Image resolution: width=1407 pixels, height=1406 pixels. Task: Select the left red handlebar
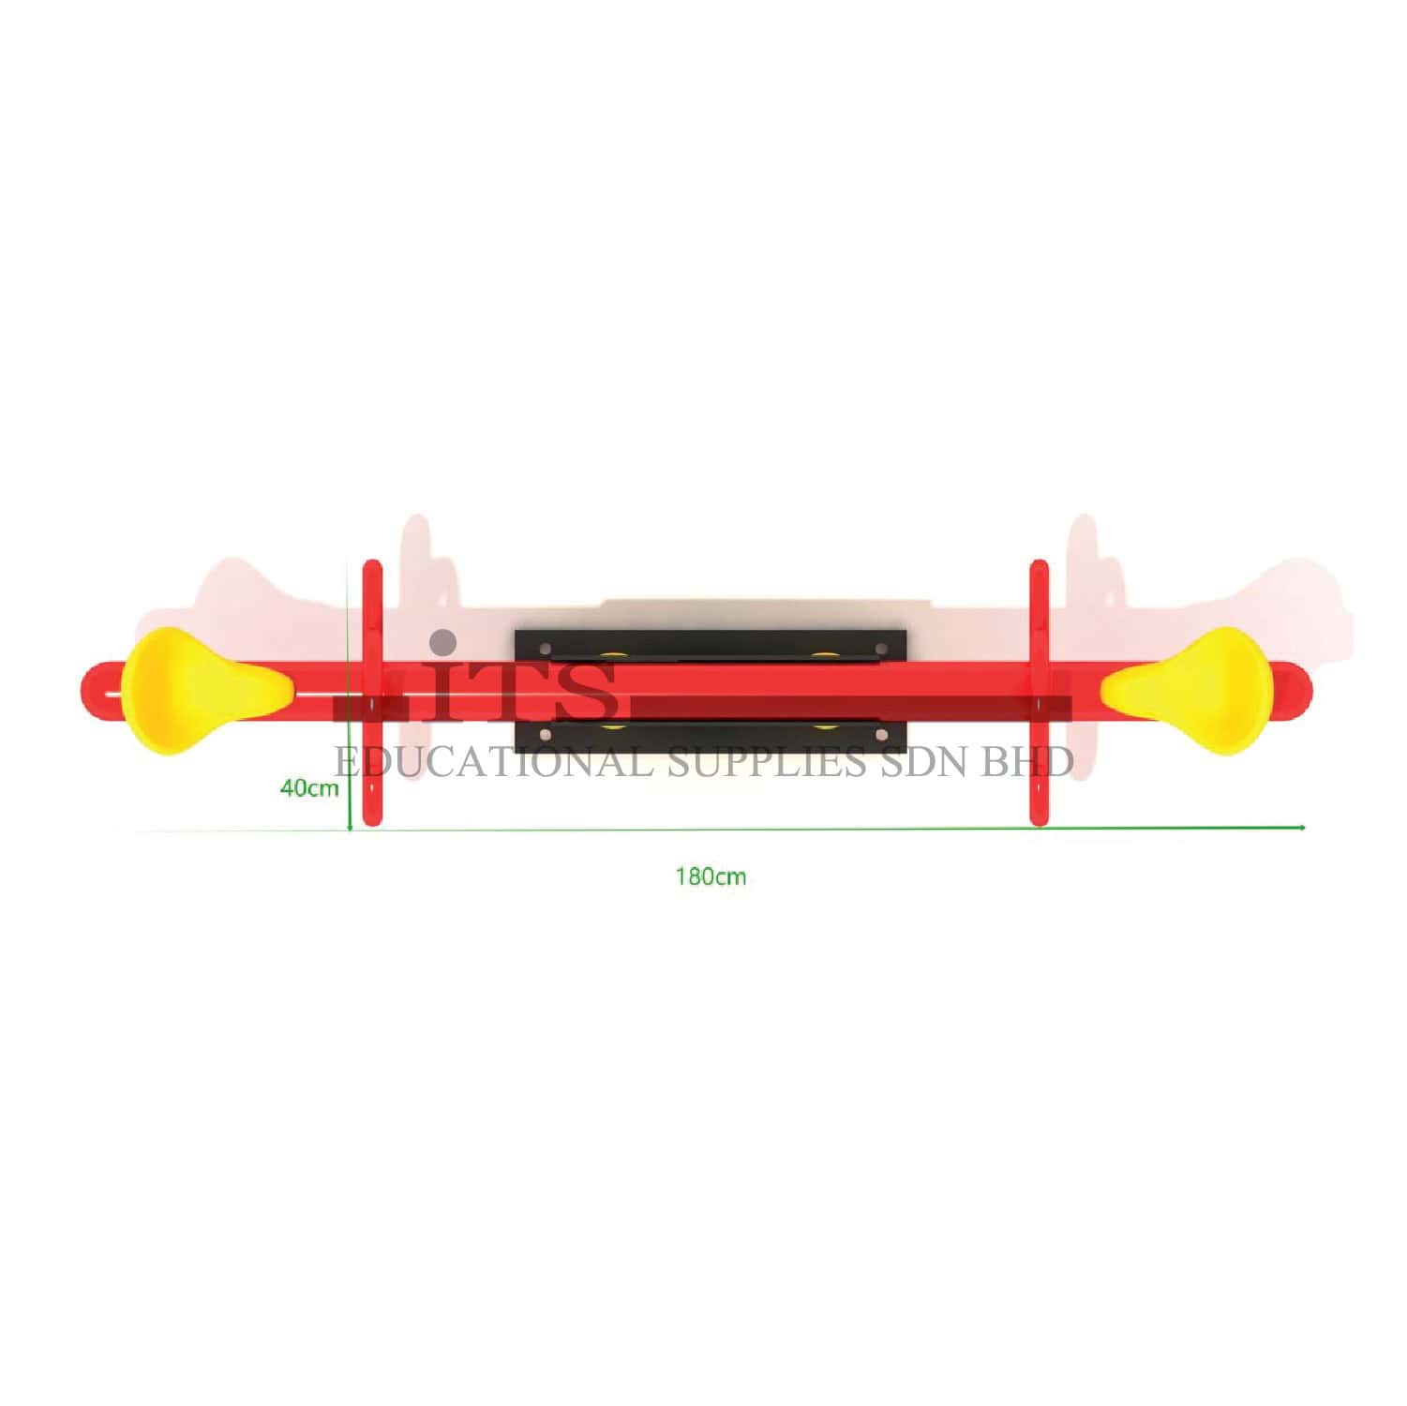point(372,694)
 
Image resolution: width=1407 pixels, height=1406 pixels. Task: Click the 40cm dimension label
point(309,787)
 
